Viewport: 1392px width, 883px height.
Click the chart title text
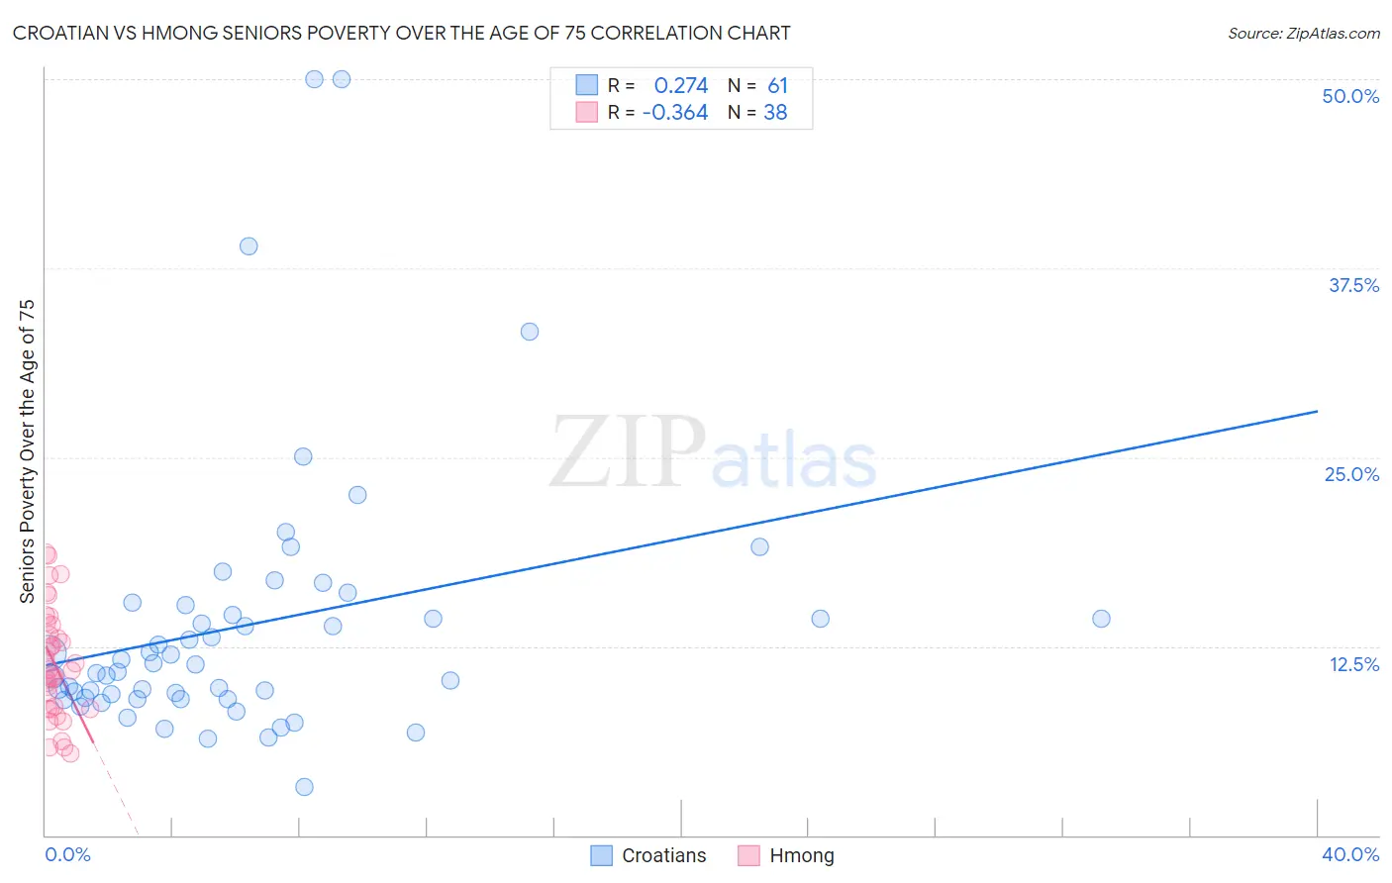[x=401, y=33]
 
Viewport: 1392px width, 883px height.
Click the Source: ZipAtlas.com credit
[x=1303, y=33]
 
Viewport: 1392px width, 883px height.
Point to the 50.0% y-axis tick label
[x=1349, y=96]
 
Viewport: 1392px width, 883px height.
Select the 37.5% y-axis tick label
[x=1352, y=285]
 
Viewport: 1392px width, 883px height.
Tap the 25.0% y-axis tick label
[x=1350, y=474]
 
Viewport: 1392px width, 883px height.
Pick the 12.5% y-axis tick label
[x=1352, y=664]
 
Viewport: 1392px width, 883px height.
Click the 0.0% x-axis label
[x=67, y=854]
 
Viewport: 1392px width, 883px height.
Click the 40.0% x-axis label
[x=1349, y=854]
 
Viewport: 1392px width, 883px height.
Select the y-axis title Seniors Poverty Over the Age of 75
[x=27, y=450]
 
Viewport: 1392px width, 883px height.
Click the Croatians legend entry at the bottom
[x=648, y=855]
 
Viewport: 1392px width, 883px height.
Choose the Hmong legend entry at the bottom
[x=787, y=855]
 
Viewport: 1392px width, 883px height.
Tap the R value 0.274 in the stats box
[x=681, y=86]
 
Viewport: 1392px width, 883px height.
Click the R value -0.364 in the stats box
[x=675, y=113]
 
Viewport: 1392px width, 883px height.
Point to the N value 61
[x=777, y=86]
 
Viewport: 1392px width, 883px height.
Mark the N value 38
[x=775, y=113]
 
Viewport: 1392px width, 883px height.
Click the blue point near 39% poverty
[x=249, y=246]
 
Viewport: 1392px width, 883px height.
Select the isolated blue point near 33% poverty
[x=530, y=332]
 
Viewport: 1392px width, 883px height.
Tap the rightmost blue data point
[x=1101, y=619]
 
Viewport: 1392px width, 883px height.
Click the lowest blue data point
[x=304, y=787]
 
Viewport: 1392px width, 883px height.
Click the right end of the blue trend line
[x=1317, y=410]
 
